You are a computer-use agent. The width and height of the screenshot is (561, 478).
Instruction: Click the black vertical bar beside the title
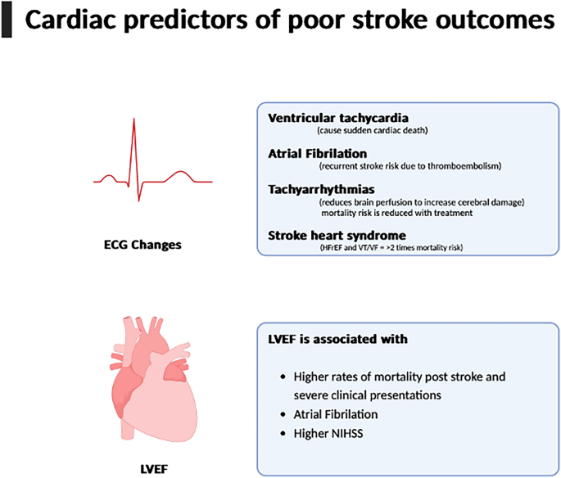click(7, 22)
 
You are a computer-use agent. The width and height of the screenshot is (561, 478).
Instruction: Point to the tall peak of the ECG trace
click(135, 123)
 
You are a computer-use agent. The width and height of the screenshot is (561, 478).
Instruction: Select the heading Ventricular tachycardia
click(338, 118)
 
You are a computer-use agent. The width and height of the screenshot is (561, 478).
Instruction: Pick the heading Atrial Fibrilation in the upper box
click(318, 153)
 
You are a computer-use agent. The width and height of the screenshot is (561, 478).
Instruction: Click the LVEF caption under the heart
click(152, 469)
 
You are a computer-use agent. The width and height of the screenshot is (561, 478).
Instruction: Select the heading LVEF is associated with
click(338, 339)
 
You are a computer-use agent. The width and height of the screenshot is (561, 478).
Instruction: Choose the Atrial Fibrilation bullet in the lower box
click(337, 414)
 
